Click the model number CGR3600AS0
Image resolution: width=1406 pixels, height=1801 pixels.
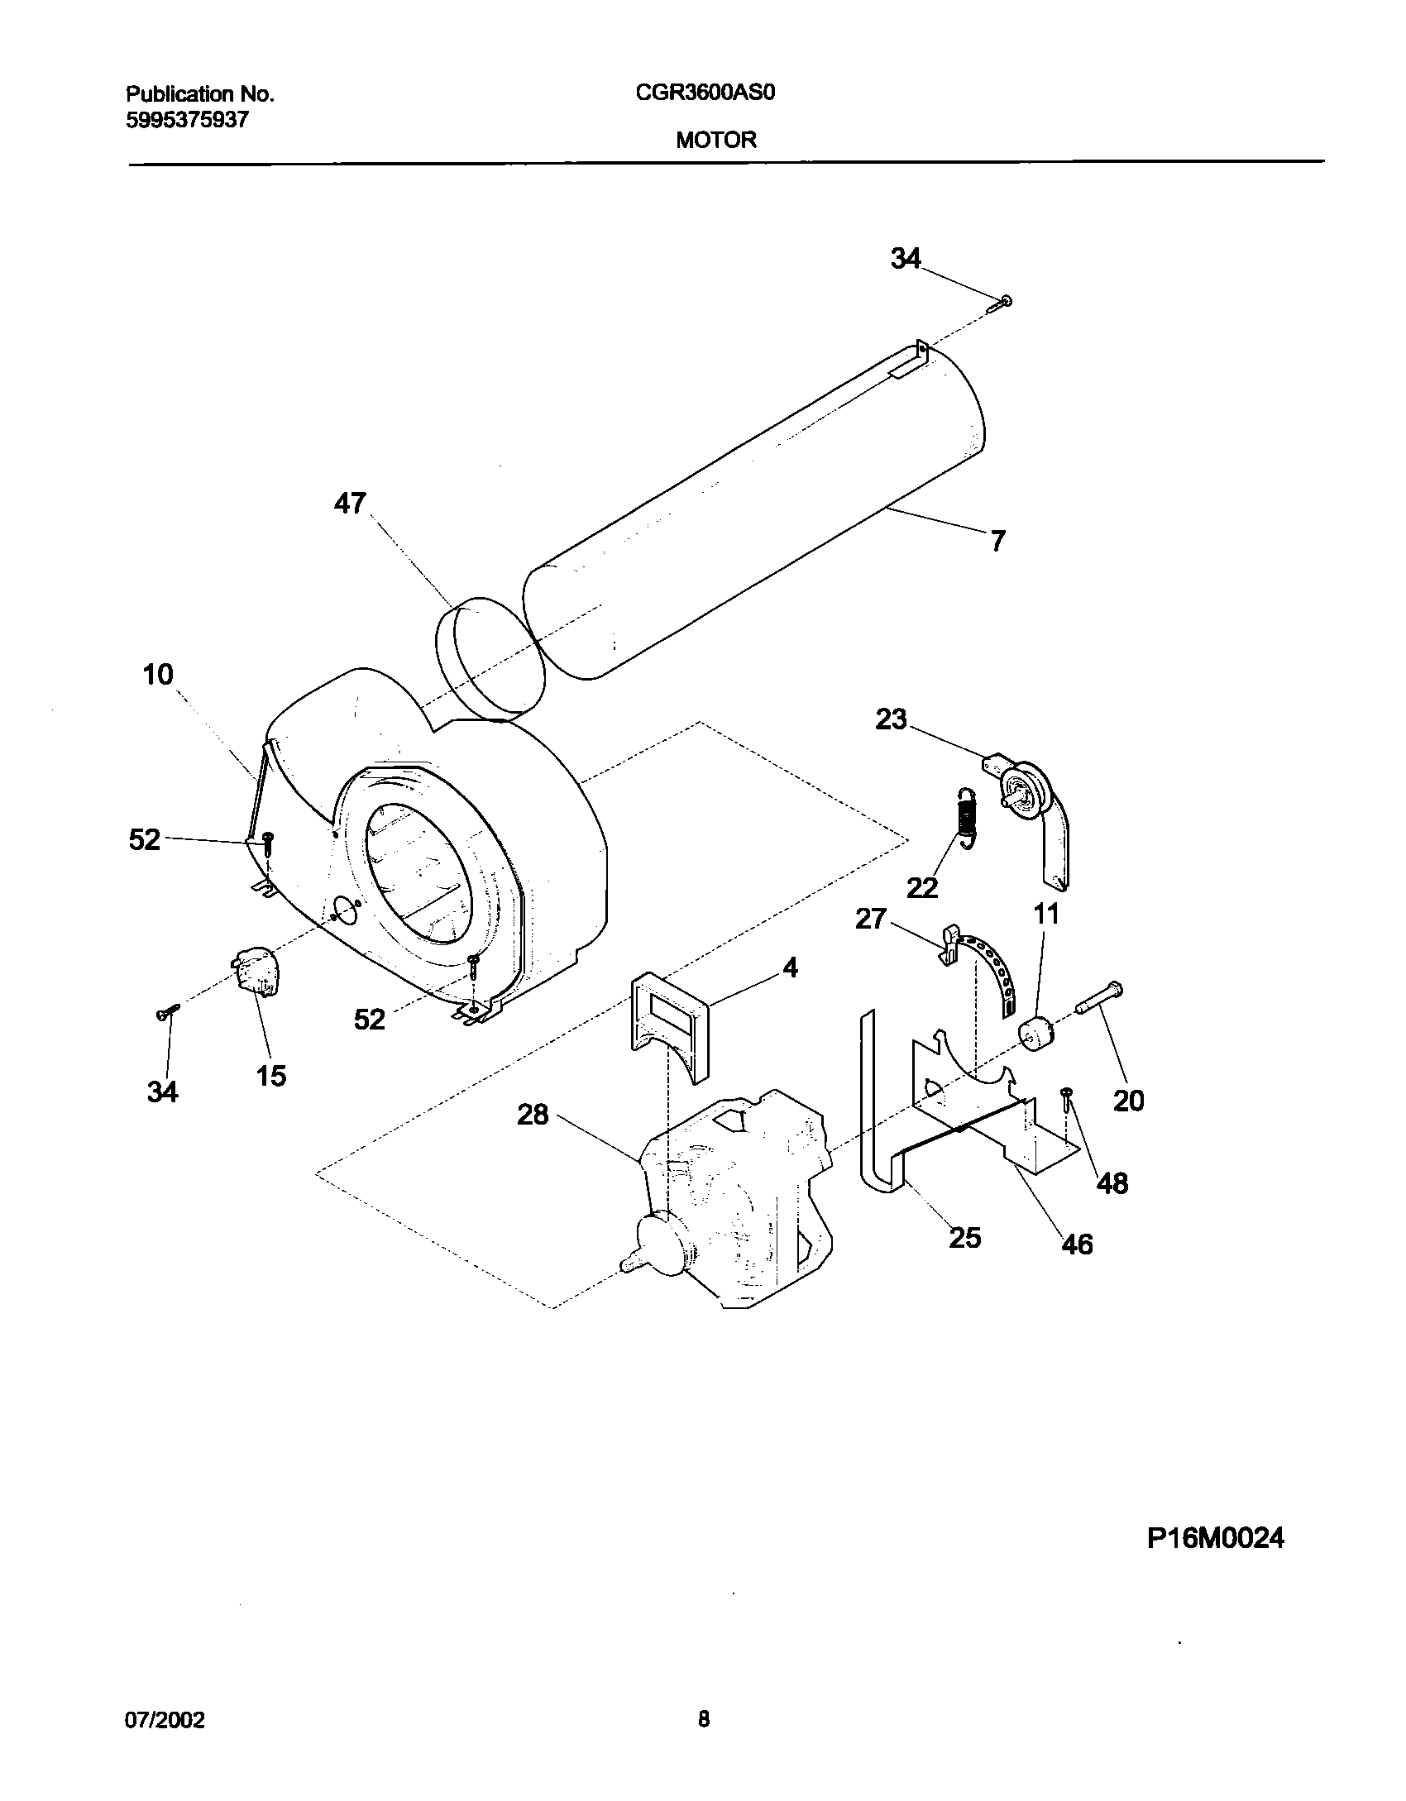coord(705,93)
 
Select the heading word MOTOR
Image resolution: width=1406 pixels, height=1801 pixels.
coord(715,140)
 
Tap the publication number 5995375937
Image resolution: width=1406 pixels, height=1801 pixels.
coord(187,120)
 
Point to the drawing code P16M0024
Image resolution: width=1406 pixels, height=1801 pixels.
coord(1216,1538)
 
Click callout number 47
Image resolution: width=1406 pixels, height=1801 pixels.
coord(350,503)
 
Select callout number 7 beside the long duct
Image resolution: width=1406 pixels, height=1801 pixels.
coord(997,541)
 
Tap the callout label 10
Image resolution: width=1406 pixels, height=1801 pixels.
coord(158,675)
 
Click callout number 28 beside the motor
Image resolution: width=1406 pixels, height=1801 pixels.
coord(533,1115)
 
